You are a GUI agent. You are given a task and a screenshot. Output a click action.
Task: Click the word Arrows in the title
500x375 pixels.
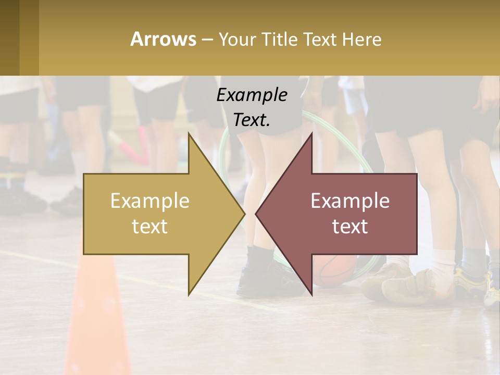[163, 39]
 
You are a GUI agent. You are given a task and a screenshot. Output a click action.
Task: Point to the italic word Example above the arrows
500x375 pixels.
[252, 95]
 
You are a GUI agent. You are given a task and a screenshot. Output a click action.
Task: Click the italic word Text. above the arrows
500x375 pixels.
[252, 120]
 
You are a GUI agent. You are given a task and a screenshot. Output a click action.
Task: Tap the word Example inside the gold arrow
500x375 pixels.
[149, 201]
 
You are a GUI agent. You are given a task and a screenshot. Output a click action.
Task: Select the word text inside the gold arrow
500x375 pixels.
[149, 227]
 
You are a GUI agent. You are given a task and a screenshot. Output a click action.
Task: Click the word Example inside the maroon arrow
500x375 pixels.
[350, 201]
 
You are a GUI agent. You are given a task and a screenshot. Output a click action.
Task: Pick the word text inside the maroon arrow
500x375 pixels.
[350, 227]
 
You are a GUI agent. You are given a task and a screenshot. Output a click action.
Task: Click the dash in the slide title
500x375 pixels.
[206, 39]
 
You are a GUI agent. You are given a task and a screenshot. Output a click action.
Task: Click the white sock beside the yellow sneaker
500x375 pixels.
[443, 263]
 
